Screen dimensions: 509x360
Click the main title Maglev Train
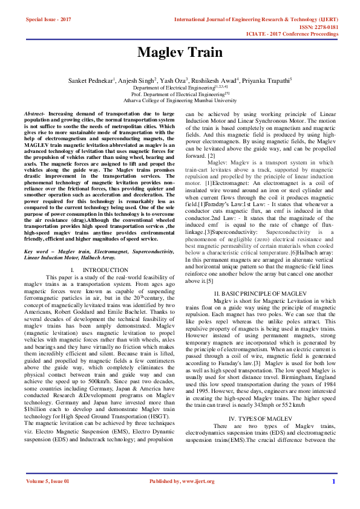(x=180, y=52)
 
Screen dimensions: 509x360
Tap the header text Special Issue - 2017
(x=48, y=19)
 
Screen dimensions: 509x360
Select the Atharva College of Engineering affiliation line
(x=180, y=100)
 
